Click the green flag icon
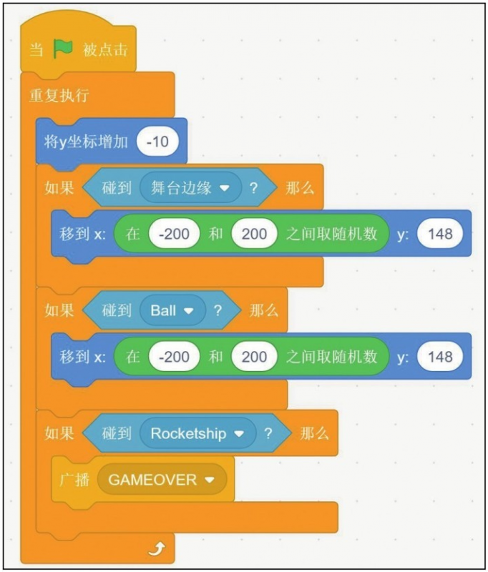64,49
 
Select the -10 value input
157,142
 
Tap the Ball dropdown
172,311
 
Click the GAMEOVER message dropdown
162,480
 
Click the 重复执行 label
59,96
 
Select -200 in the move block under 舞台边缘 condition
173,234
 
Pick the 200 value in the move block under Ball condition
254,357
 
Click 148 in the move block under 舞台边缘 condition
440,234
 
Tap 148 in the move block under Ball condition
440,357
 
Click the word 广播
74,480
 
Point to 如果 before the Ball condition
59,311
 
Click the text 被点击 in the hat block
106,49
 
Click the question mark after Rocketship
268,433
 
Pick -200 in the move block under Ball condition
173,357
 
